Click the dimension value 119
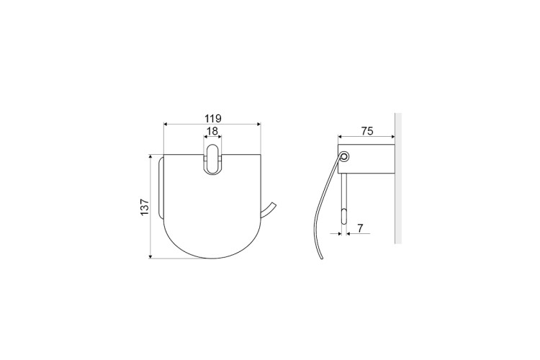pos(213,119)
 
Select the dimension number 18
pos(212,131)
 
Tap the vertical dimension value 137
pos(145,207)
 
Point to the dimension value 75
pos(367,131)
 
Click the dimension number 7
pos(360,228)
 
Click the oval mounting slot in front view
pos(212,160)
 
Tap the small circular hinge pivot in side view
pos(344,157)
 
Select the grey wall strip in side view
pos(398,178)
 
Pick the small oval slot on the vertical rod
pos(344,217)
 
